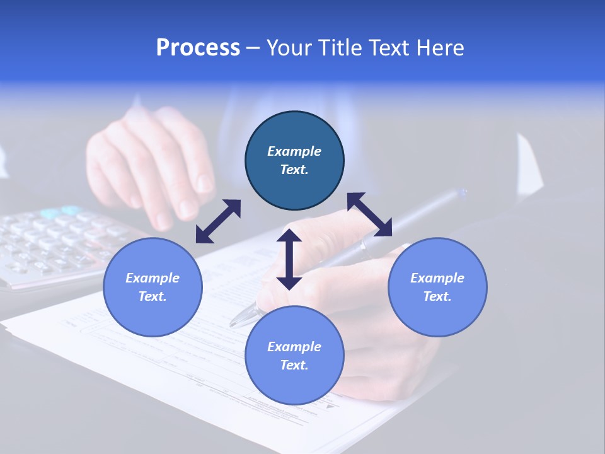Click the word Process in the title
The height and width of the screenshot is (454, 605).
coord(198,48)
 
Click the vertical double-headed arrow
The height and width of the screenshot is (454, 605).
coord(289,259)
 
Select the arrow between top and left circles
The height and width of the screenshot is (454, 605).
coord(218,221)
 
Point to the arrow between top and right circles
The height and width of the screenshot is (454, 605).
coord(370,214)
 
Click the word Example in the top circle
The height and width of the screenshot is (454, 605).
coord(294,151)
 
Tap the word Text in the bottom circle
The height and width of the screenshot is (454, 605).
coord(294,365)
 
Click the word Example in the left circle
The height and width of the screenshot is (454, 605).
coord(153,278)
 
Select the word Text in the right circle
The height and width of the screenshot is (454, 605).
coord(437,296)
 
